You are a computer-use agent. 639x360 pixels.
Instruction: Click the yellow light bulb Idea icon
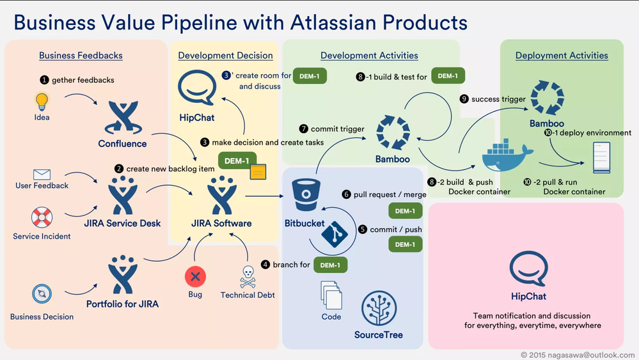(x=42, y=102)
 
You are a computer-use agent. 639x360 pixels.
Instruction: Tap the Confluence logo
(x=122, y=119)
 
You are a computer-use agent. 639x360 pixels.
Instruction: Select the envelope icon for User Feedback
(x=42, y=174)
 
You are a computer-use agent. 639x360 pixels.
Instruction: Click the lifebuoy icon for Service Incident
(x=42, y=217)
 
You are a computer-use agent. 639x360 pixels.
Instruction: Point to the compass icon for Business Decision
(x=42, y=295)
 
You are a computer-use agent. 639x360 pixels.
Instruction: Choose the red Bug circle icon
(x=195, y=277)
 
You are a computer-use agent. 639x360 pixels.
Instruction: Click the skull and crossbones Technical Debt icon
(x=248, y=277)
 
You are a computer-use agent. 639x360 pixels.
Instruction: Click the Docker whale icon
(x=505, y=157)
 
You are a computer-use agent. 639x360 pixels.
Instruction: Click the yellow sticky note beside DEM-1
(x=258, y=172)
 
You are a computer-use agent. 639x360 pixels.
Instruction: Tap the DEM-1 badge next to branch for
(x=330, y=265)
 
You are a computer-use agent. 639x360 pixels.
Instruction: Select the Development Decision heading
(x=225, y=56)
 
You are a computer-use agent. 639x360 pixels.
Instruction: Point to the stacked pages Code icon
(x=331, y=295)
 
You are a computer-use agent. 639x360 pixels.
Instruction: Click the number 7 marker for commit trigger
(x=304, y=129)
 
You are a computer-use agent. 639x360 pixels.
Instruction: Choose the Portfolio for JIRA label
(x=122, y=304)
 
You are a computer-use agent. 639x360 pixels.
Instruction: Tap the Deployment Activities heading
(x=562, y=56)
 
